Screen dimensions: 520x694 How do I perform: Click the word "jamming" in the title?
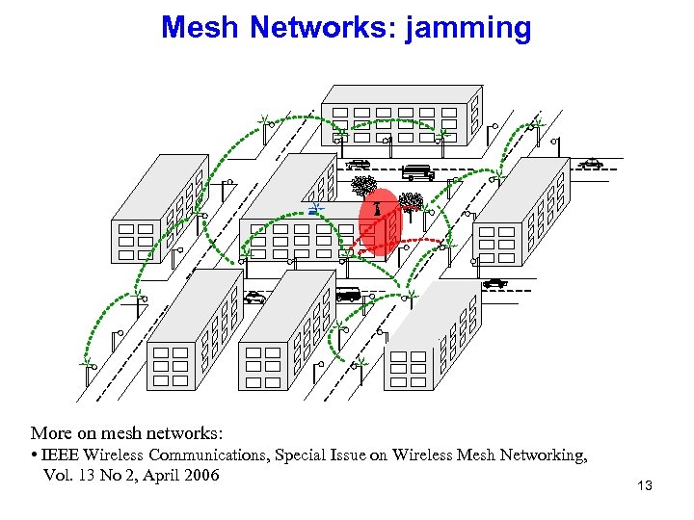pyautogui.click(x=469, y=27)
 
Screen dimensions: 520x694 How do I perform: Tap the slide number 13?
pyautogui.click(x=645, y=485)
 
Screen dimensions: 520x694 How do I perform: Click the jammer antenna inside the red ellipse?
pyautogui.click(x=378, y=207)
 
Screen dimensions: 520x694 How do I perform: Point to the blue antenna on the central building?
pyautogui.click(x=317, y=207)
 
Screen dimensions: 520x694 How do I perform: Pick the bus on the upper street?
pyautogui.click(x=417, y=173)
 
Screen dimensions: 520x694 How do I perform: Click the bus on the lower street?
pyautogui.click(x=346, y=295)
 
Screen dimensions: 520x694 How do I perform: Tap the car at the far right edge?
pyautogui.click(x=591, y=164)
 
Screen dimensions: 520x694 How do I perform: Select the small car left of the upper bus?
pyautogui.click(x=359, y=165)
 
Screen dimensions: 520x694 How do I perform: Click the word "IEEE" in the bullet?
pyautogui.click(x=61, y=455)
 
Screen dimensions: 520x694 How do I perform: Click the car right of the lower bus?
pyautogui.click(x=494, y=283)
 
